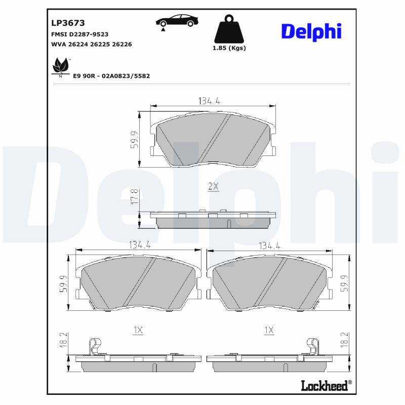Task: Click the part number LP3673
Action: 68,23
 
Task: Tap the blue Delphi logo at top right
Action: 311,31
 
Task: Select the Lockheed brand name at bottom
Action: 325,386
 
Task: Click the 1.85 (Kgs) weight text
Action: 229,48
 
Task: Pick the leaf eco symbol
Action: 61,66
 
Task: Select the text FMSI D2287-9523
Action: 80,34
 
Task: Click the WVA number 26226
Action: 122,44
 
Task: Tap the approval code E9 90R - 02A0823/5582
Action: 111,75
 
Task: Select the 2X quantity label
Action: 213,186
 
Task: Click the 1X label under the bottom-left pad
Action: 138,330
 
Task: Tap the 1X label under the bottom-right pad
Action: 269,330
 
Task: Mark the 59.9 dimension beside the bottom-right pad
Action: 345,282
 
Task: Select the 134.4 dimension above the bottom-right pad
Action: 270,246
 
